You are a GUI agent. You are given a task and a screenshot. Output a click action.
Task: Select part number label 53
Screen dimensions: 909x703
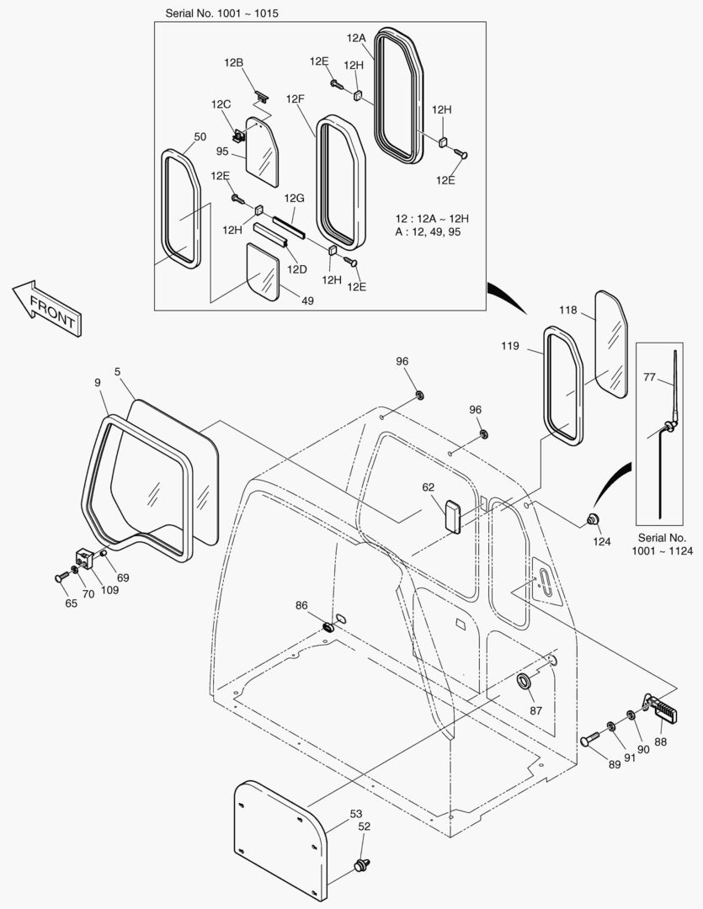356,813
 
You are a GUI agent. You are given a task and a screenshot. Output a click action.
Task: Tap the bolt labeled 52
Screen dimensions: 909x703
362,864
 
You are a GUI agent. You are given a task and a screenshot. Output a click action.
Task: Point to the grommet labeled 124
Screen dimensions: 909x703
592,518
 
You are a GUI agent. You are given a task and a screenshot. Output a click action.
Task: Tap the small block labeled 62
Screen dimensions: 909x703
452,515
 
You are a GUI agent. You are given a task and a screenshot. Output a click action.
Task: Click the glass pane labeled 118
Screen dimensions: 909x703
611,343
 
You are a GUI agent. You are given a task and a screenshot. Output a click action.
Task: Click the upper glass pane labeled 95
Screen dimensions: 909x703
262,150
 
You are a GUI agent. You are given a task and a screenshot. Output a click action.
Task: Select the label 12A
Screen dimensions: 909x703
355,38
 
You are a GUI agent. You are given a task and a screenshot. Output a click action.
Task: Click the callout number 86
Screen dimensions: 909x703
301,605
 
